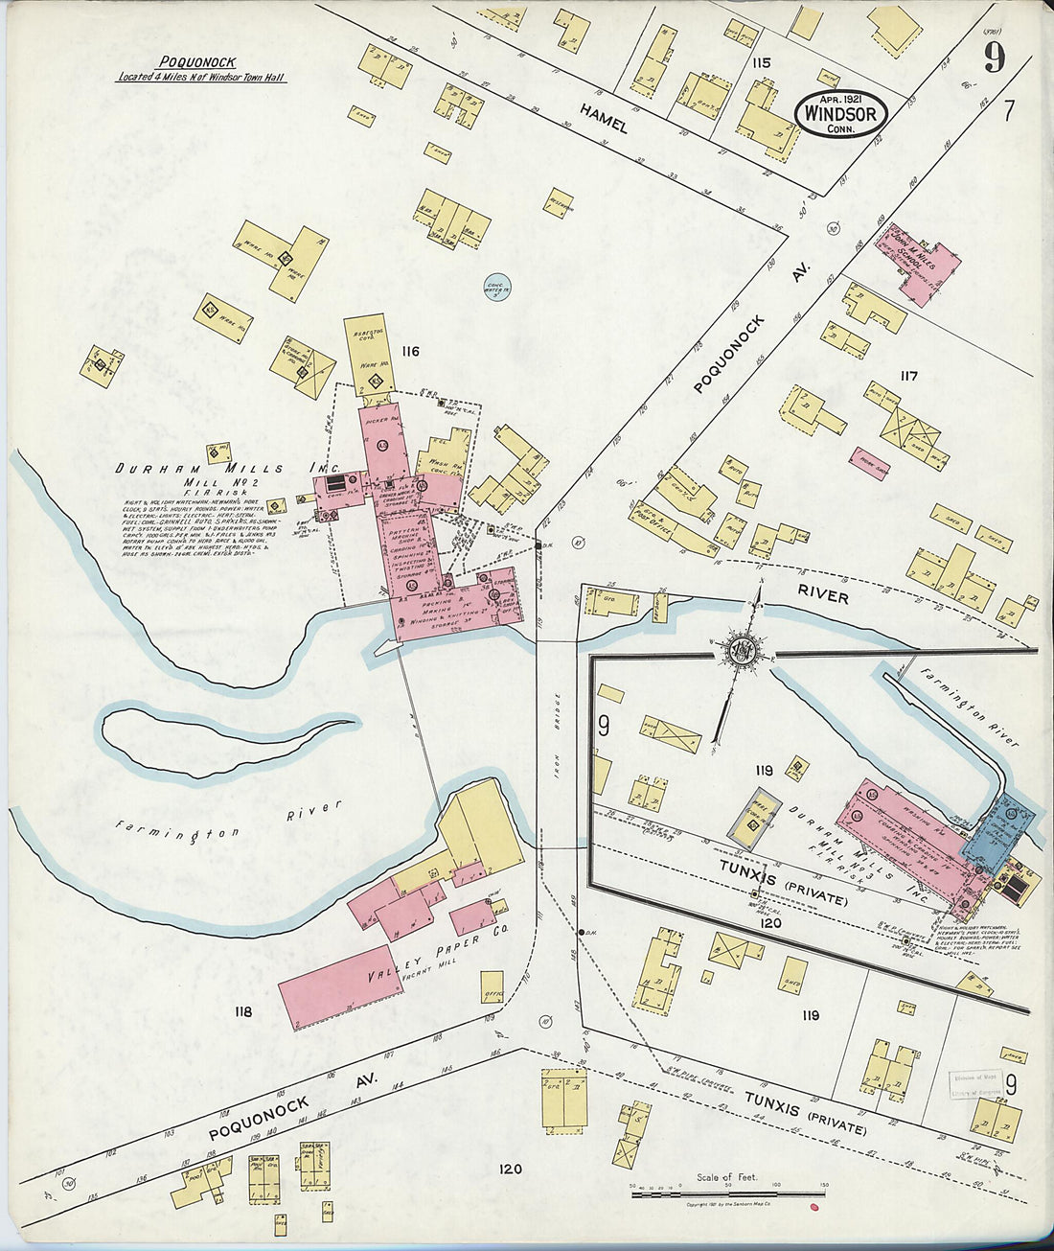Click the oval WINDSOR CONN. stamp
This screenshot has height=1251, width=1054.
pyautogui.click(x=840, y=113)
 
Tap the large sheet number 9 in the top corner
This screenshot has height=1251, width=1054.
pyautogui.click(x=994, y=59)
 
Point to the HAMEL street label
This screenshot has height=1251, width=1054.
pyautogui.click(x=604, y=119)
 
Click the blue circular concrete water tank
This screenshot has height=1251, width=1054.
pyautogui.click(x=497, y=286)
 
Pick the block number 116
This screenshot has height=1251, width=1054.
pyautogui.click(x=411, y=352)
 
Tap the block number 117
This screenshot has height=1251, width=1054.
pyautogui.click(x=907, y=376)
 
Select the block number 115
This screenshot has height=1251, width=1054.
pyautogui.click(x=762, y=63)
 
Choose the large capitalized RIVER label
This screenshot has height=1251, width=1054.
pyautogui.click(x=822, y=596)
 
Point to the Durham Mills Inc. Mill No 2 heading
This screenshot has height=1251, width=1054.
pyautogui.click(x=200, y=470)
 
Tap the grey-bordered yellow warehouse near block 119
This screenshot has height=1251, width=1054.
pyautogui.click(x=760, y=819)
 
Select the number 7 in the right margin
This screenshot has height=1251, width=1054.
pyautogui.click(x=1008, y=111)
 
